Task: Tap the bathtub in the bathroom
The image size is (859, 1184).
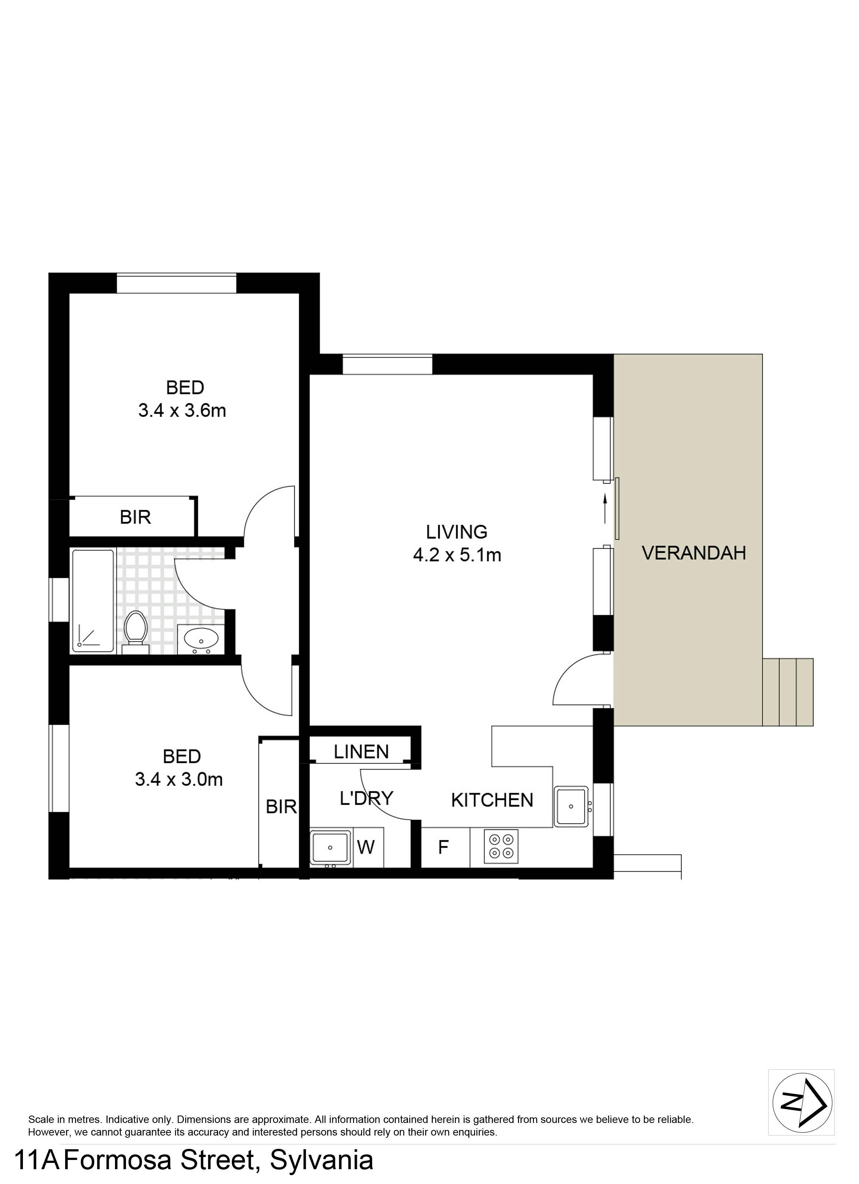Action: (x=93, y=601)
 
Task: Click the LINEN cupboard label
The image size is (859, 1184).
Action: (x=361, y=752)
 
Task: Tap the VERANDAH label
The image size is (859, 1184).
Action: (x=694, y=552)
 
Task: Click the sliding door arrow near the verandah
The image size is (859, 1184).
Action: (x=605, y=509)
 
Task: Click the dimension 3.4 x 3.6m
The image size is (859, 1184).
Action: (x=182, y=410)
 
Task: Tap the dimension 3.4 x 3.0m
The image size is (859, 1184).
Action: (x=179, y=780)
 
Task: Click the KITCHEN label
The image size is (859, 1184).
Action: (x=492, y=800)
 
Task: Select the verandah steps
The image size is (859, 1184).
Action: (x=788, y=692)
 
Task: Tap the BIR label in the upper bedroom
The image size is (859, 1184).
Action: (x=135, y=517)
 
